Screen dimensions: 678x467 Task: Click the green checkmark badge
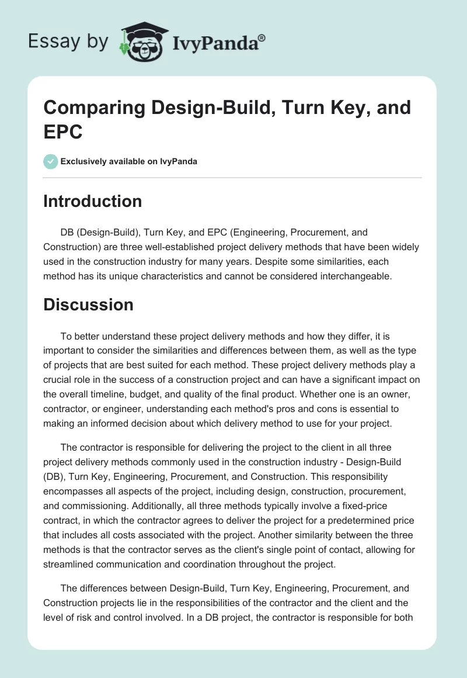[51, 161]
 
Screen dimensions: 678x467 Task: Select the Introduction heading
[93, 201]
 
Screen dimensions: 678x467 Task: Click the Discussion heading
[89, 305]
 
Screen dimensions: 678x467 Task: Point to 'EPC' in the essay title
[64, 131]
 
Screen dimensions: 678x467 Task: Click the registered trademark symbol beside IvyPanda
[262, 37]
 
